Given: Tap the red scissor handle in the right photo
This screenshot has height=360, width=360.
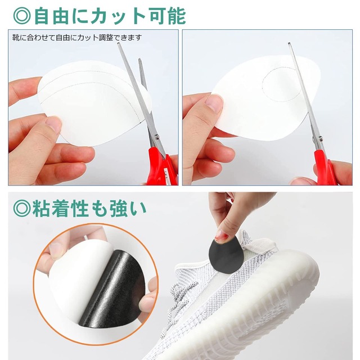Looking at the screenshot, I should pyautogui.click(x=325, y=168).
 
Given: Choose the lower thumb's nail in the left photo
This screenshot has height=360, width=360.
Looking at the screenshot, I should pyautogui.click(x=54, y=124).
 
